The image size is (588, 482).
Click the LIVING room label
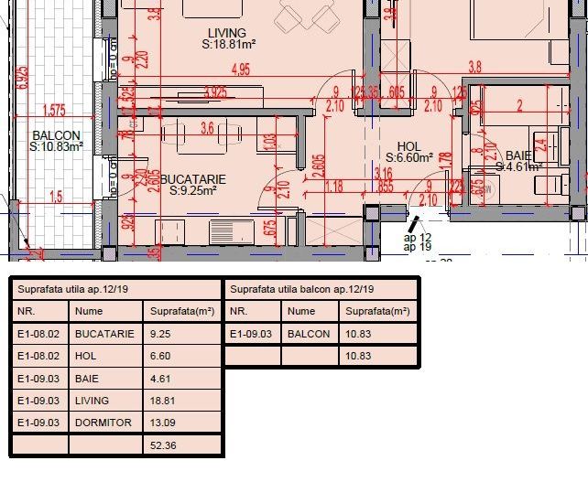(x=227, y=33)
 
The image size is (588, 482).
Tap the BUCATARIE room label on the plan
(x=188, y=178)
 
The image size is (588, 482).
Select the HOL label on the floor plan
(x=408, y=146)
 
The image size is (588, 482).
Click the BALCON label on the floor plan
(x=57, y=134)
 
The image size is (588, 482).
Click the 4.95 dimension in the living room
(x=241, y=70)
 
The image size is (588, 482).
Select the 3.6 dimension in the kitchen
(x=206, y=128)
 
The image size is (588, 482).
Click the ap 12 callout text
(x=418, y=237)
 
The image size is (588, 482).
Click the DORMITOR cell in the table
(x=103, y=423)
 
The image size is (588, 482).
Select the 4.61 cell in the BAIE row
(x=160, y=379)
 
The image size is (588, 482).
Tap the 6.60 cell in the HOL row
(x=160, y=356)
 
